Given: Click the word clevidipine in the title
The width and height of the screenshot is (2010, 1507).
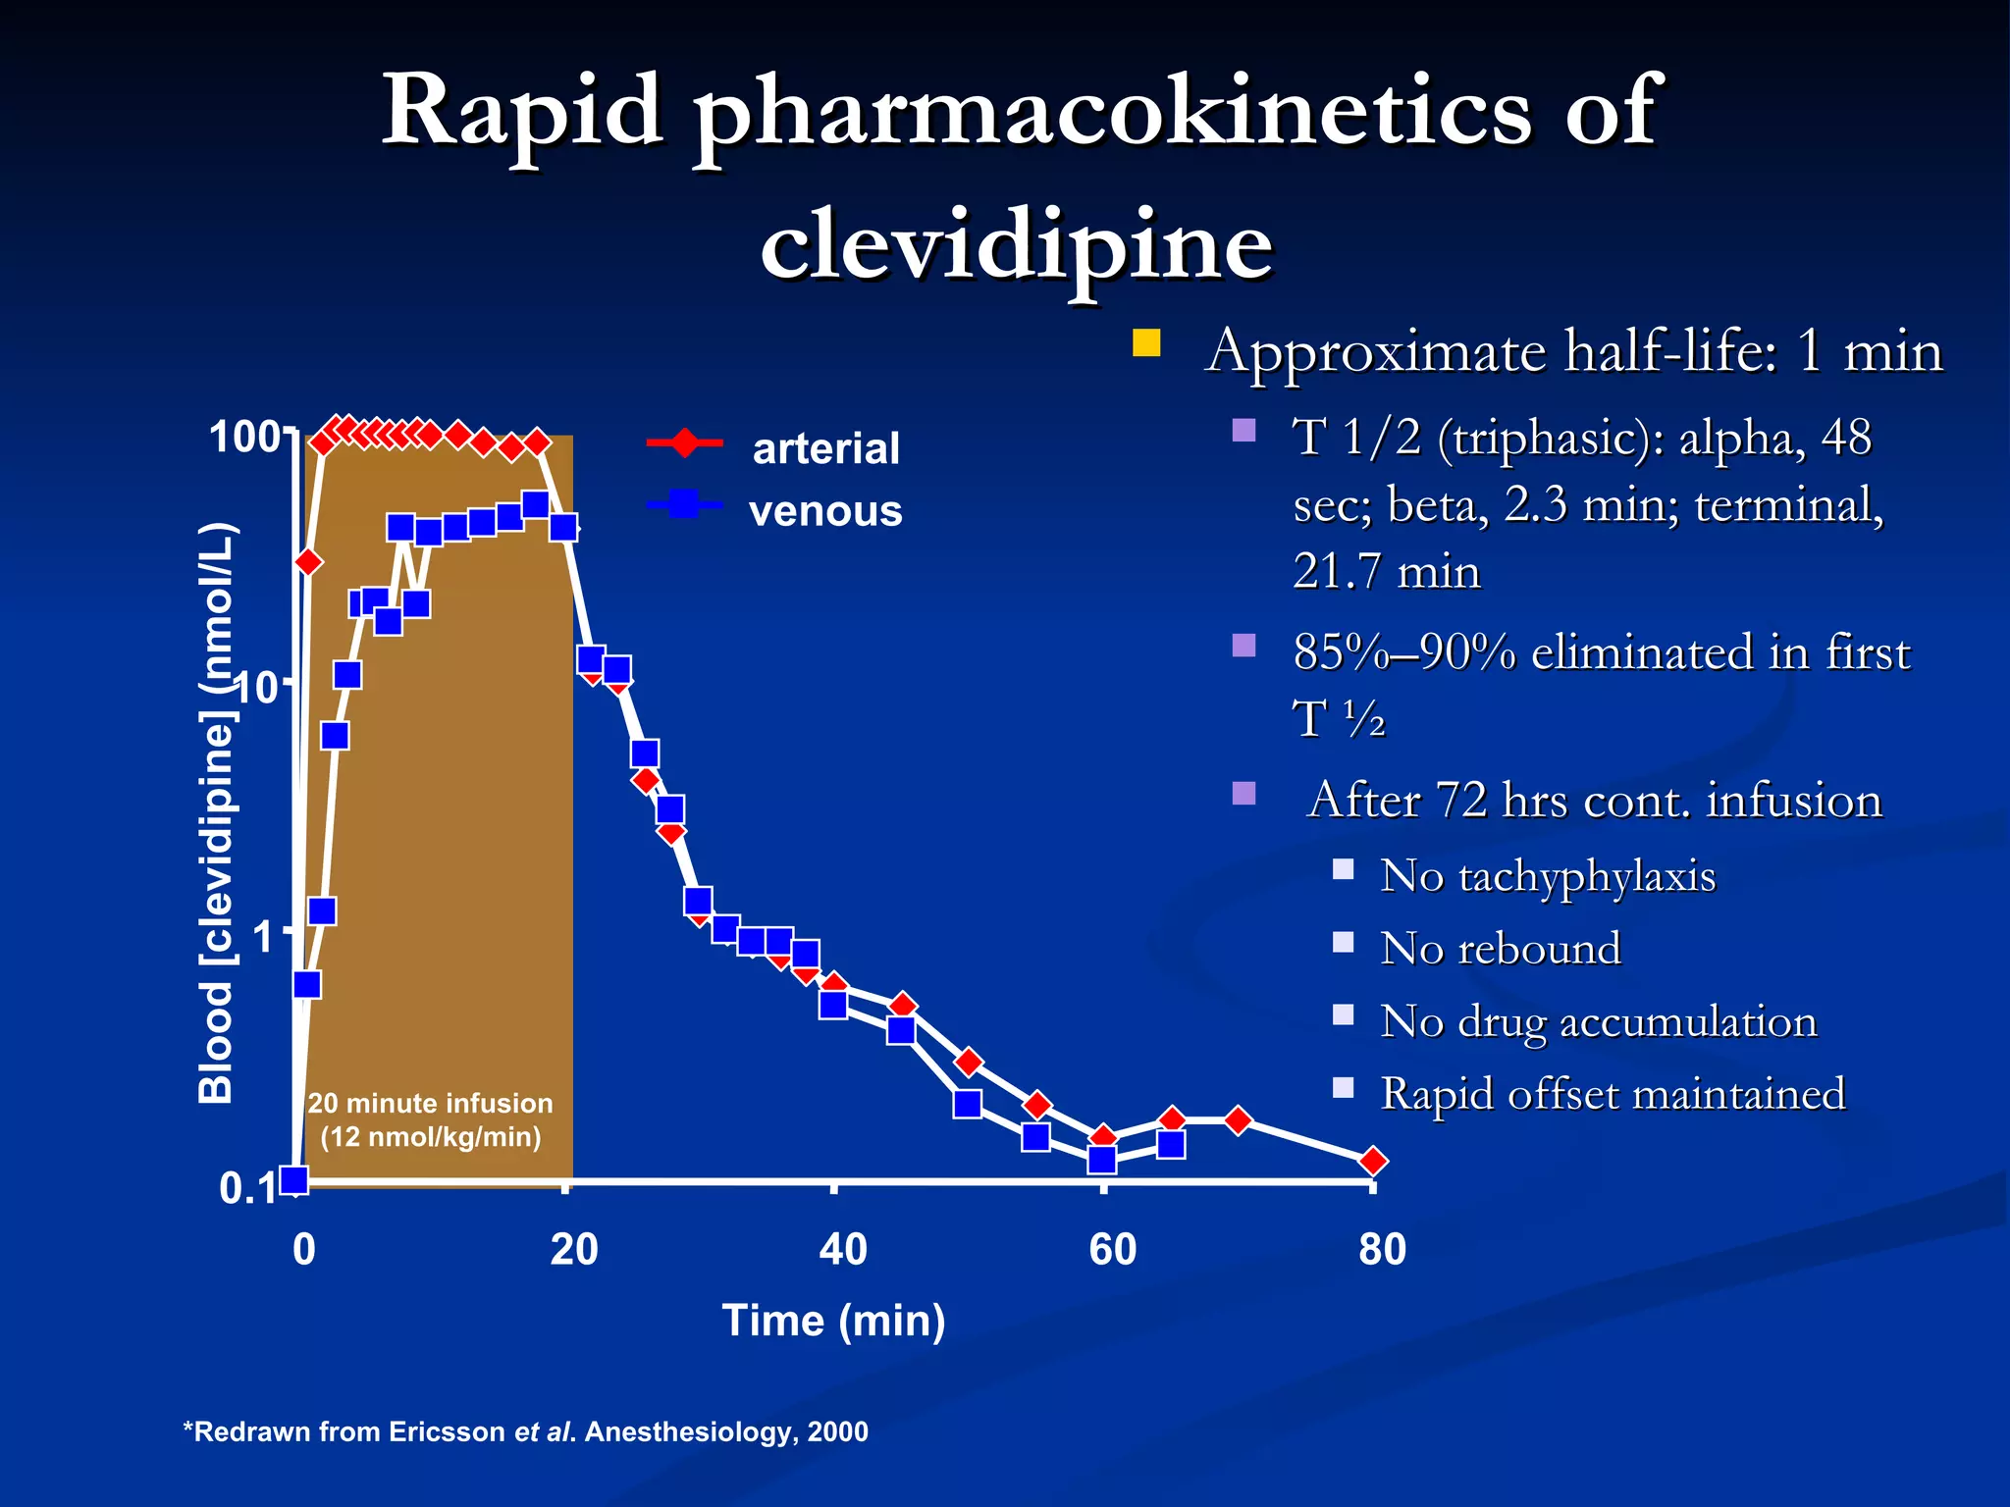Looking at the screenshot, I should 1016,243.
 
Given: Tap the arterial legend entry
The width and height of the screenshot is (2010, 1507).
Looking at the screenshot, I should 824,448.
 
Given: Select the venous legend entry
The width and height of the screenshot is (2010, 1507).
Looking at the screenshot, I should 824,511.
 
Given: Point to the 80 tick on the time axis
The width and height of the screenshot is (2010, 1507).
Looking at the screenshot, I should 1382,1250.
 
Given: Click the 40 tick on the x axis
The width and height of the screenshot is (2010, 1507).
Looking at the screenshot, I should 843,1250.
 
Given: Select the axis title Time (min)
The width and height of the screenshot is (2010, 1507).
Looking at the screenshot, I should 833,1321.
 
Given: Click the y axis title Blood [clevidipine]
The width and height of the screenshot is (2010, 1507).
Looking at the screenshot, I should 217,814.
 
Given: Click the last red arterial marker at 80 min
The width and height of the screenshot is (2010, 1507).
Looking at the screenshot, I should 1373,1162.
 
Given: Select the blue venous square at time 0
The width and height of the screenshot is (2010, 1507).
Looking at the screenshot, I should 294,1179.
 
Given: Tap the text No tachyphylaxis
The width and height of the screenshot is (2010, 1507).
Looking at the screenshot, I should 1547,875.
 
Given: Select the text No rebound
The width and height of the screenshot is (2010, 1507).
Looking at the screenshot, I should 1500,949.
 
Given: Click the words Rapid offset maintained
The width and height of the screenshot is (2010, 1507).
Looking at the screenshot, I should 1613,1094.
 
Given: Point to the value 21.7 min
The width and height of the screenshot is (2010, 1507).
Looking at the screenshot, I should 1386,572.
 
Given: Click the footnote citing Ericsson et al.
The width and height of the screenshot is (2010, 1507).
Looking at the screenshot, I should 526,1431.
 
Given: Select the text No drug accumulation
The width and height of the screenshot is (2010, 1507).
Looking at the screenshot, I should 1598,1021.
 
